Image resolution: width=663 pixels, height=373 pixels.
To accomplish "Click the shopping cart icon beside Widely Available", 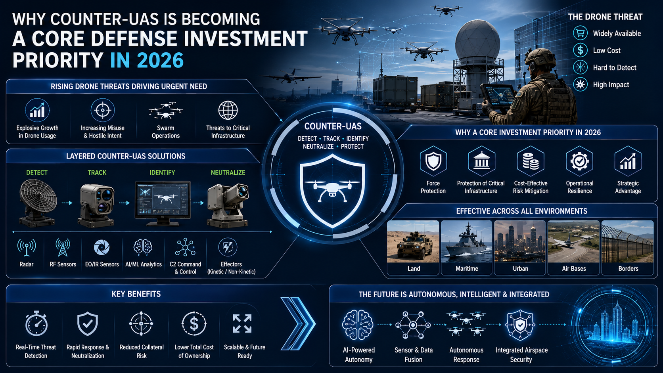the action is (x=580, y=33).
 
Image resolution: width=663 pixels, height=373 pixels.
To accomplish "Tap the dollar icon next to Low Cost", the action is (x=580, y=50).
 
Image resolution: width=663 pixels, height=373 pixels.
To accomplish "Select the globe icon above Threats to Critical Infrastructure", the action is (x=228, y=110).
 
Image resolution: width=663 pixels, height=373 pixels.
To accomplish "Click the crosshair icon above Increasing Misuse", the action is (x=103, y=110).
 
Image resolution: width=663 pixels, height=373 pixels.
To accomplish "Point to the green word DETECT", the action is (x=37, y=172).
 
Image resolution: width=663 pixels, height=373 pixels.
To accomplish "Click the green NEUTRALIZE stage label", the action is (x=228, y=172).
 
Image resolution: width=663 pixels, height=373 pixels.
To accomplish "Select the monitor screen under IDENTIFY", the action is (x=163, y=200).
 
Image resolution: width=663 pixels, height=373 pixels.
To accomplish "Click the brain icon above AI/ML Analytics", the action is (x=143, y=247).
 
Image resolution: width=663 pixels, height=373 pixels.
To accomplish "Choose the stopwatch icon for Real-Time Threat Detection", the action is (x=36, y=323).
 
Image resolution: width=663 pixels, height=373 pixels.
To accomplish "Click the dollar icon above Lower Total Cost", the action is (x=194, y=323).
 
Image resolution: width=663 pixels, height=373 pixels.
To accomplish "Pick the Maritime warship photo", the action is (x=466, y=241).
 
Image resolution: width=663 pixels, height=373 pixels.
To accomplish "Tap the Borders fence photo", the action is (x=627, y=241).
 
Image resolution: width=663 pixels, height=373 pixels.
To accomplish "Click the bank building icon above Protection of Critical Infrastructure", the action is (x=481, y=161).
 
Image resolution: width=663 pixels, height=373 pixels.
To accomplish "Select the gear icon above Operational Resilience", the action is (x=579, y=161).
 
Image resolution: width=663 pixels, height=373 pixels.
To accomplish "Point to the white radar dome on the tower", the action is (x=477, y=40).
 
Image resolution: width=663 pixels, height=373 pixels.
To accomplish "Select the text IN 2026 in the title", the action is (x=147, y=60).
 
